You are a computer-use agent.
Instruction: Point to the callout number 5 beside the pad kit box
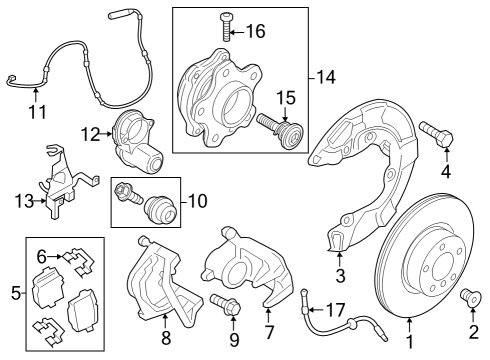click(x=15, y=293)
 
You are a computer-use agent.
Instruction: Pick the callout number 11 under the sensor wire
click(x=37, y=112)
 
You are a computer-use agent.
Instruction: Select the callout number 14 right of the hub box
click(x=325, y=77)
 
